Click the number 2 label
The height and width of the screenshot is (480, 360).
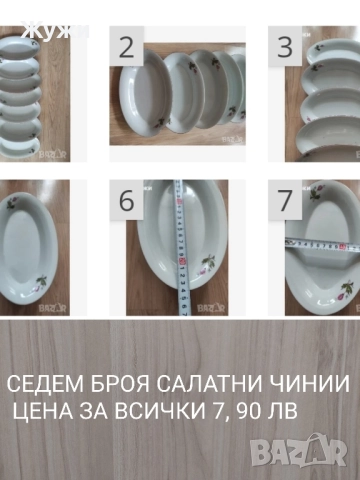click(127, 46)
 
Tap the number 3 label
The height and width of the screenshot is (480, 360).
click(285, 46)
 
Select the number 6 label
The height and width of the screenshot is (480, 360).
click(127, 200)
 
